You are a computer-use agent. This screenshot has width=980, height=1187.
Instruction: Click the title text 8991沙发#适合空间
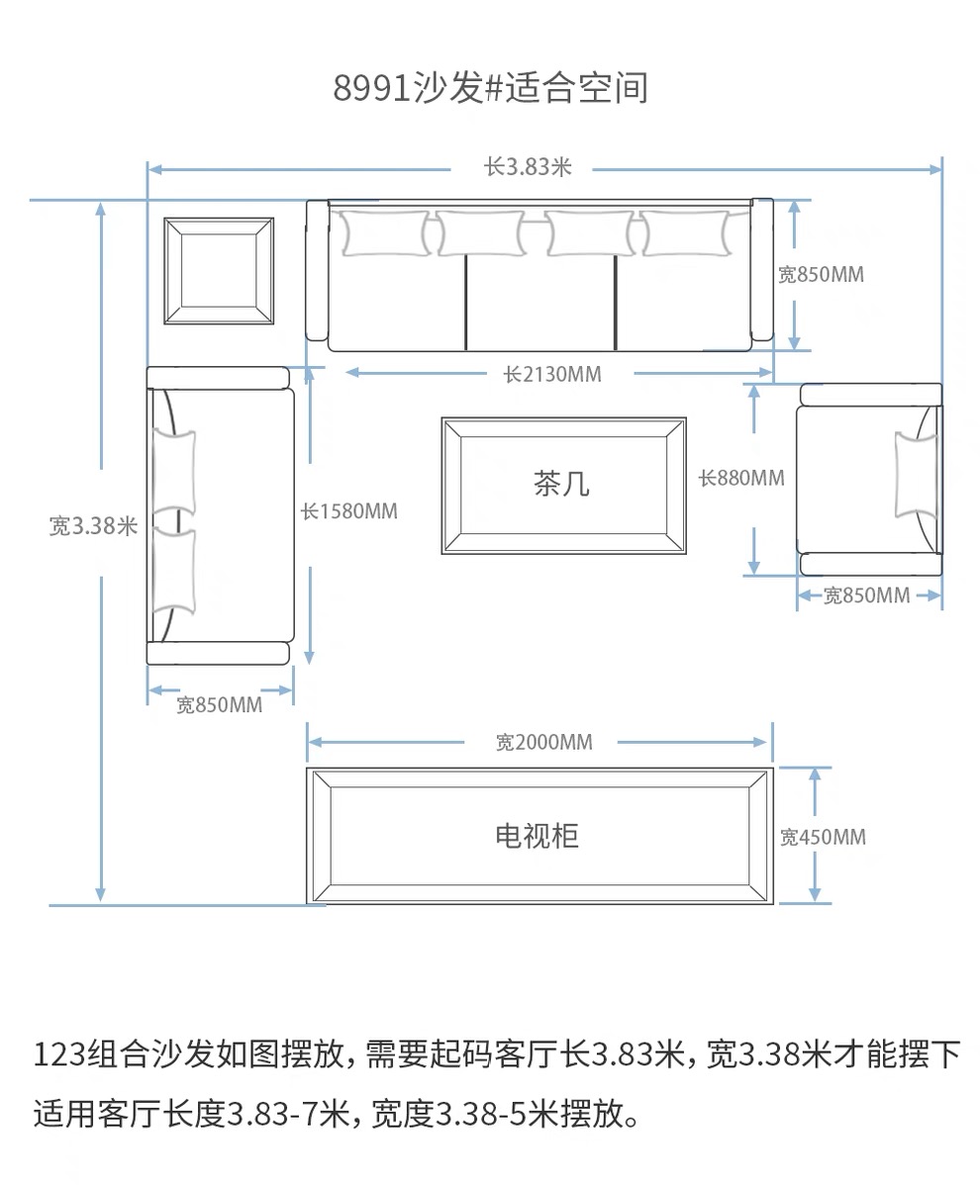(490, 88)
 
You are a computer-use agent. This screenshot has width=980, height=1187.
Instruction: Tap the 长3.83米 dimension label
(528, 167)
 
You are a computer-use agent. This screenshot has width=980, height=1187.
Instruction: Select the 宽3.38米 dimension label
(93, 526)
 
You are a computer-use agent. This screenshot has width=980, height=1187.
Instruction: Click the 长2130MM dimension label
(552, 375)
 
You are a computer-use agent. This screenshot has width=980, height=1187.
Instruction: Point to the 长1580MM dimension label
(348, 511)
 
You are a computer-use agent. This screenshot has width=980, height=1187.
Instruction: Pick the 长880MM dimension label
(741, 478)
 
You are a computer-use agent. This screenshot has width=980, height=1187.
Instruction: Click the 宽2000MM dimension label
(544, 743)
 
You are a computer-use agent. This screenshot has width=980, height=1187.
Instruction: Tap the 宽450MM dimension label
(823, 838)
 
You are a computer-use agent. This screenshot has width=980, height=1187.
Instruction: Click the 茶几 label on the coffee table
(561, 484)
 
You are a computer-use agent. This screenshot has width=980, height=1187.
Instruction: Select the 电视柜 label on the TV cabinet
(537, 836)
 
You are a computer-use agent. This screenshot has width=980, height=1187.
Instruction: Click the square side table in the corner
(219, 271)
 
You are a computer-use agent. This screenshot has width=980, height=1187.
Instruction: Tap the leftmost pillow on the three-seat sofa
(385, 233)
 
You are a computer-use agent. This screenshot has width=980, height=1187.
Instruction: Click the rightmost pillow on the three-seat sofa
(685, 233)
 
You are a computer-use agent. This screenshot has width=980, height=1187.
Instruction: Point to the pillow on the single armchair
(916, 475)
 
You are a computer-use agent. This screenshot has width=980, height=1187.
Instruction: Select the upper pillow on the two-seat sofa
(174, 473)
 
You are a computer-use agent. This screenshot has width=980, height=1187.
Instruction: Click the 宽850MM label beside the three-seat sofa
(821, 275)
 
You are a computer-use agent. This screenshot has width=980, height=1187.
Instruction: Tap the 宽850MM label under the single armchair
(867, 595)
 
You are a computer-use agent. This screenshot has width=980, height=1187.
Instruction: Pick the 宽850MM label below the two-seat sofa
(219, 705)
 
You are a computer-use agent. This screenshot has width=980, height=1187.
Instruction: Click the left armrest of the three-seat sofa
(318, 270)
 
